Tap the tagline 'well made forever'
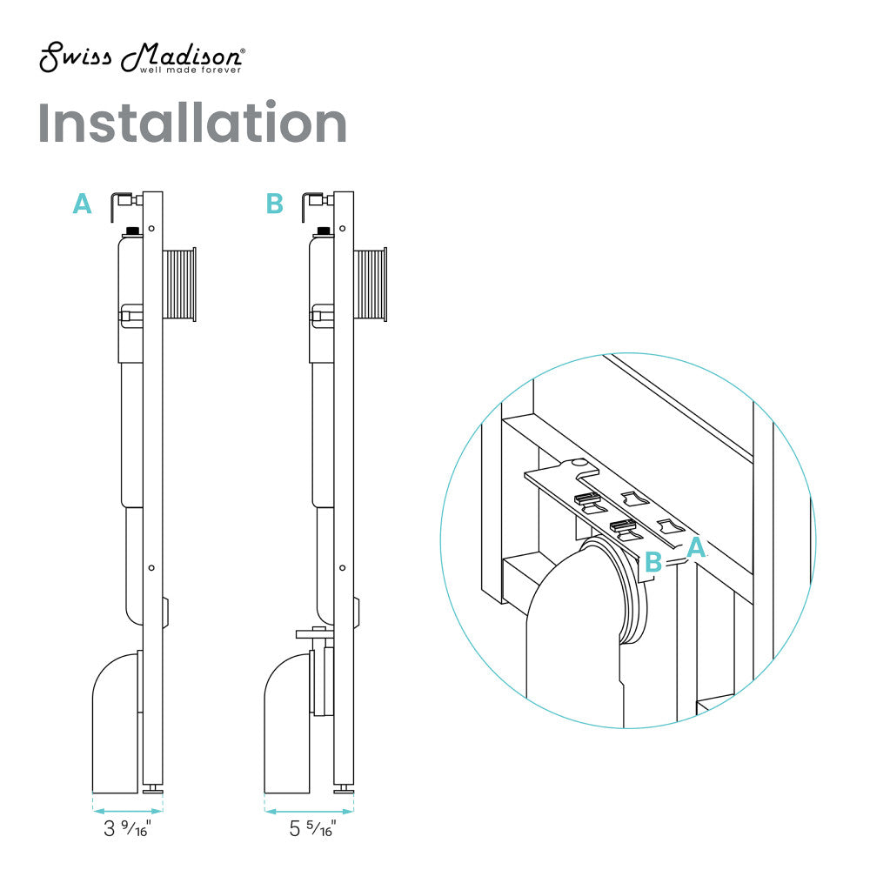click(191, 70)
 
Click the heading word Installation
click(192, 124)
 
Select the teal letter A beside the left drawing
click(82, 204)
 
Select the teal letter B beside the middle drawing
click(274, 204)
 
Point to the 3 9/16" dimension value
click(127, 828)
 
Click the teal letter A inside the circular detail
click(696, 547)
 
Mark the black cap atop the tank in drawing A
click(133, 231)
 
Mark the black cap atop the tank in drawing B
click(325, 231)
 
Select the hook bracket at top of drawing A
click(120, 205)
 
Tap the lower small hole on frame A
click(152, 566)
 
